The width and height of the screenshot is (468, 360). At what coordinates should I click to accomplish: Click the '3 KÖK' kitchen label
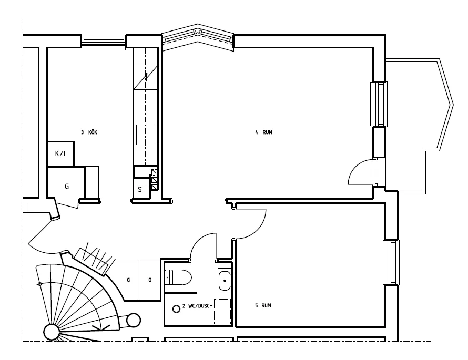point(89,132)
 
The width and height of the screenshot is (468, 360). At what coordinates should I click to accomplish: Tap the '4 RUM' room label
point(263,132)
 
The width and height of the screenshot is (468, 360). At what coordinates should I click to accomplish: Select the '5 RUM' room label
point(263,305)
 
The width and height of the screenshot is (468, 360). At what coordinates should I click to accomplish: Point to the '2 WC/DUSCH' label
point(197,306)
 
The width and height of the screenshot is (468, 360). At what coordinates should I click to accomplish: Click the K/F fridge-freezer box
point(61,153)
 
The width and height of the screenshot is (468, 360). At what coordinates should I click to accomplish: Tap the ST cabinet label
point(141,189)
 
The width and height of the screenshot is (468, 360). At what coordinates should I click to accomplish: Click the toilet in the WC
point(178,277)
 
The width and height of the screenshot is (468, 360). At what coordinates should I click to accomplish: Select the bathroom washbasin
point(225,281)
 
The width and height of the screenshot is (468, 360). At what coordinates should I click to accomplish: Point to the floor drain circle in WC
point(176,308)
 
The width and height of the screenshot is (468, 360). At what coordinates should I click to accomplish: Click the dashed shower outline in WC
point(222,312)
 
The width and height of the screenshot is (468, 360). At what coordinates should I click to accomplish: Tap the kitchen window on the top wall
point(104,42)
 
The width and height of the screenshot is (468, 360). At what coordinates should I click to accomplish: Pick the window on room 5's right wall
point(391,262)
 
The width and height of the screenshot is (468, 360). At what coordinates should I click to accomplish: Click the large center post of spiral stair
point(52,332)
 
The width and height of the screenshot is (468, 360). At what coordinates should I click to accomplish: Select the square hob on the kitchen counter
point(146,135)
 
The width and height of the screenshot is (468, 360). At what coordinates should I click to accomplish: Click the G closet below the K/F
point(67,185)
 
